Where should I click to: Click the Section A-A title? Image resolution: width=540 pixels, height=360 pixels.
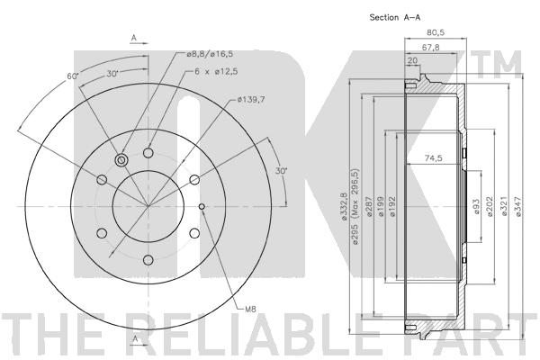coord(395,17)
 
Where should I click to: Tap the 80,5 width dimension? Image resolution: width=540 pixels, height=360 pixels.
coord(436,32)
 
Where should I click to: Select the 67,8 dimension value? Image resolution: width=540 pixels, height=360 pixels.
coord(430,47)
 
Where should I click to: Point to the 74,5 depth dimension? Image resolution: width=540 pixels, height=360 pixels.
coord(433,158)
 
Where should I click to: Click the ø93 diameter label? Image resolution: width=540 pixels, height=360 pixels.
coord(476,207)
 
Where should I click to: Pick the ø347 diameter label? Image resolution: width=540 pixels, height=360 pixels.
coord(519,207)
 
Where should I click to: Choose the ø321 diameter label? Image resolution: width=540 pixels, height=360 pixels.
coord(504,207)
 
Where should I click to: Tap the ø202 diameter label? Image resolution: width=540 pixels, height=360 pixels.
coord(490,207)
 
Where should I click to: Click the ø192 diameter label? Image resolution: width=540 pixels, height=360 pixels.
coord(391,207)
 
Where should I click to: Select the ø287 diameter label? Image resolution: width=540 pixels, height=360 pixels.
coord(369,207)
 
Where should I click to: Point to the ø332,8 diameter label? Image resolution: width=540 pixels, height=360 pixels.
coord(344,206)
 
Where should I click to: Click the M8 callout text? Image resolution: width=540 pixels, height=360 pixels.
coord(250,310)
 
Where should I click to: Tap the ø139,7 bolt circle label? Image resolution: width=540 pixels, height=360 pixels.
coord(251,100)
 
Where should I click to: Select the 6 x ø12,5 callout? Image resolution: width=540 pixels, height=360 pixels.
coord(216,72)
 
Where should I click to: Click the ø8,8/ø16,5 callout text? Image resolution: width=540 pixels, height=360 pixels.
coord(210,54)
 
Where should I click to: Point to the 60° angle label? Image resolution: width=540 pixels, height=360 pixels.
coord(73,76)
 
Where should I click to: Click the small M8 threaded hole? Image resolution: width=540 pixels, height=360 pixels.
coord(202,206)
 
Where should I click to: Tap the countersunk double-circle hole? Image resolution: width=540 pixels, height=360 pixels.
coord(121,160)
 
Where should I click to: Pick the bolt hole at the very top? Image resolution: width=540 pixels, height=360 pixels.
coord(148,153)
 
